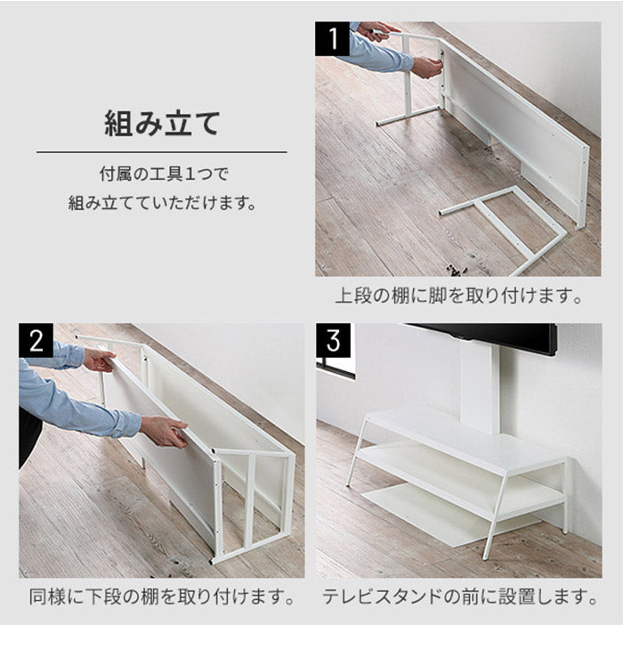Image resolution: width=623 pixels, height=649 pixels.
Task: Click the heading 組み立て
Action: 162,124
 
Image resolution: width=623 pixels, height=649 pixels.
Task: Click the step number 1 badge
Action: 333,38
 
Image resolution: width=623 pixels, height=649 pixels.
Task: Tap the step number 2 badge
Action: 36,340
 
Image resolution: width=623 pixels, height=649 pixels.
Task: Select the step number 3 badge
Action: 334,340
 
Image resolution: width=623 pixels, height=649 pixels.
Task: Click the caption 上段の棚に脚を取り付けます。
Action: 458,296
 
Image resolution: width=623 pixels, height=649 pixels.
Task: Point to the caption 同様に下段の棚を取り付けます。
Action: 162,596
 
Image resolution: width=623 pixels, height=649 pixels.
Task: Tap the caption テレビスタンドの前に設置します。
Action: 459,596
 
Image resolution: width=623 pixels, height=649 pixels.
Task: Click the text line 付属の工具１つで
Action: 164,174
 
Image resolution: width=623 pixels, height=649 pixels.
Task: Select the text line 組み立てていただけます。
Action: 162,203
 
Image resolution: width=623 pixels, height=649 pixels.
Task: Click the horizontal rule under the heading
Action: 162,152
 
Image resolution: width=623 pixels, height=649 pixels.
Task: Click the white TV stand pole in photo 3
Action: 480,389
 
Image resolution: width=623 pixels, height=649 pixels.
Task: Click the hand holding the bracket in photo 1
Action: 427,67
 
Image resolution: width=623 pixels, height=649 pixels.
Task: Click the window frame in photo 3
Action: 336,369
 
